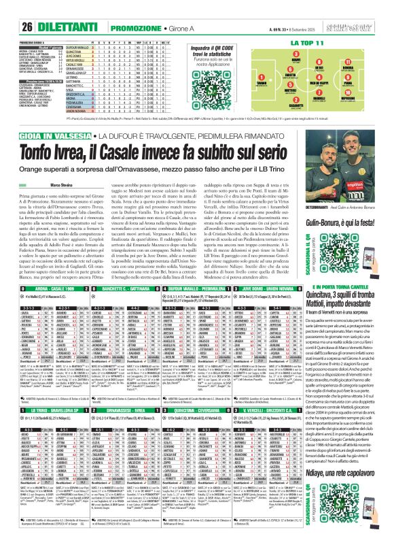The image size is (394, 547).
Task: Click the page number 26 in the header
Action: pyautogui.click(x=12, y=7)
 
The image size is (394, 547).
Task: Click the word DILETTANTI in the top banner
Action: pyautogui.click(x=43, y=7)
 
